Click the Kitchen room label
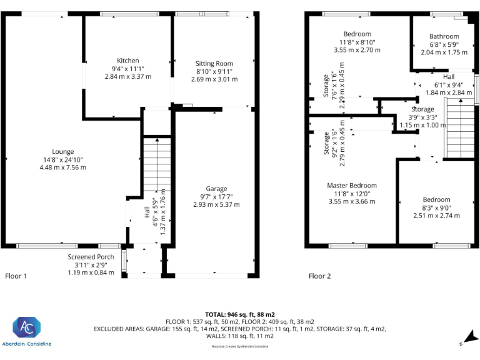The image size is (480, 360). pos(128,61)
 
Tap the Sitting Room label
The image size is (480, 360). pos(214,64)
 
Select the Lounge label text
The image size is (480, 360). pos(62,151)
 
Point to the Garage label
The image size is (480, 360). pos(216,189)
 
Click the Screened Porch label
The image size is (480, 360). pos(91,257)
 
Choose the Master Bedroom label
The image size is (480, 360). pos(352,186)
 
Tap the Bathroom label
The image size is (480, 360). pos(444,36)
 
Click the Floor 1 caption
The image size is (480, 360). pos(16,276)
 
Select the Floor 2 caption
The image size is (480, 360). pos(320,276)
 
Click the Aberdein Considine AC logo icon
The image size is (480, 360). pos(27,327)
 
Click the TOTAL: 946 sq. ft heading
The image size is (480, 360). pos(240,314)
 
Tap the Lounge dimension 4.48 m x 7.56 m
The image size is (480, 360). pos(62,167)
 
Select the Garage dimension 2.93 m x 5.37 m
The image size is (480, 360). pos(216,204)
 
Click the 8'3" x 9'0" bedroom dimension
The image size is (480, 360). pos(436,208)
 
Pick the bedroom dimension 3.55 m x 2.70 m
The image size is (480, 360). pos(357,50)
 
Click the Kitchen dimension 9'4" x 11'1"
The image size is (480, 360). pos(128,69)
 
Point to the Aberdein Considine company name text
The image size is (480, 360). pos(27,344)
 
